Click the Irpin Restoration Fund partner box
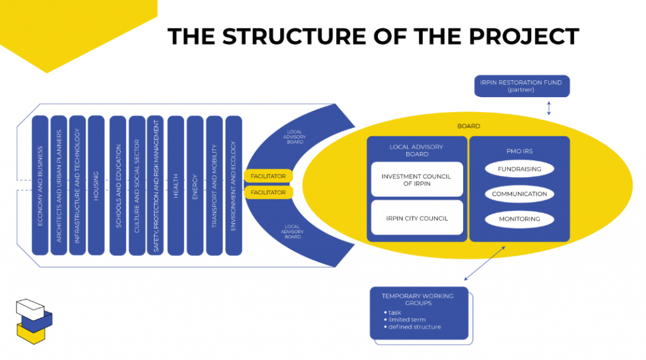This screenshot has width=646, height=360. [522, 86]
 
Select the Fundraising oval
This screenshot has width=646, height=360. [519, 169]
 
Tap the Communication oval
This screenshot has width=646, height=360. [519, 194]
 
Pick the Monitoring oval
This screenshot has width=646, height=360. [519, 219]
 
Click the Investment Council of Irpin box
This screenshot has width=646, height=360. [417, 180]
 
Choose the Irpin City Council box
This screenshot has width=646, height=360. [417, 218]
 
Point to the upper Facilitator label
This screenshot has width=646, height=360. [268, 176]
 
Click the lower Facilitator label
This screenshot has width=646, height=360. [268, 192]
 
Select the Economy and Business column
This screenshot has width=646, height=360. [40, 185]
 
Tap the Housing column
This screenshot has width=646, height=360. [96, 185]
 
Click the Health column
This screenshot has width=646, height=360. [176, 185]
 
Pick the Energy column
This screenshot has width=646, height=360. [195, 185]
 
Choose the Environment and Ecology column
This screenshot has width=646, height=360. [233, 185]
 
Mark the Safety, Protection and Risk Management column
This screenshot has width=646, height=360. [155, 185]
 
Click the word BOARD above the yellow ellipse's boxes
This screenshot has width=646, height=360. [469, 126]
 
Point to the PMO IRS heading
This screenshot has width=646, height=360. [520, 151]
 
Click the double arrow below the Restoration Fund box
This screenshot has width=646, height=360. [549, 108]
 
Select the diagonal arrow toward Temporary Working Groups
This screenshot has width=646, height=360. [484, 264]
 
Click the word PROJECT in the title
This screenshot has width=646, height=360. [524, 36]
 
